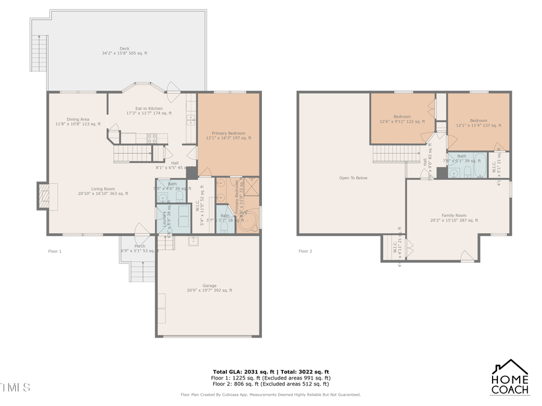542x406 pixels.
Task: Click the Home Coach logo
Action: [x=510, y=377]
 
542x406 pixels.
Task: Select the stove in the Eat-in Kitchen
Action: [x=152, y=138]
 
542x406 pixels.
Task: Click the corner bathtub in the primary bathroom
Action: [x=249, y=220]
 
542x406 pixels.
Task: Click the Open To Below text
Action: [x=352, y=178]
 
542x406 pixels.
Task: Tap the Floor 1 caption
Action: [x=55, y=251]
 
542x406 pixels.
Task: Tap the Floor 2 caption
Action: [x=305, y=251]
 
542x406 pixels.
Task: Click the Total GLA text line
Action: [x=270, y=372]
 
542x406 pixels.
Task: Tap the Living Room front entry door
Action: [x=142, y=231]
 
